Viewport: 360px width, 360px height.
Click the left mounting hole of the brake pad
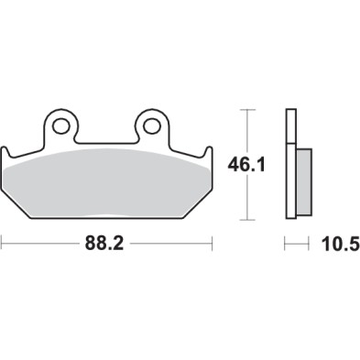pos(61,123)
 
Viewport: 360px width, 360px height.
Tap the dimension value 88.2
pos(106,245)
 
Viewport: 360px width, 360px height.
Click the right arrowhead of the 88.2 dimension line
pos(209,245)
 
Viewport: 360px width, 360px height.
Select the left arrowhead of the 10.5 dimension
pos(288,245)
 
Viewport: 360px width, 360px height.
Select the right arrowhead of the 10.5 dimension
pos(309,245)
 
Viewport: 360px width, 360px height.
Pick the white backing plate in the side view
pos(291,165)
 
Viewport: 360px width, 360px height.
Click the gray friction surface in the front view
pos(106,183)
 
